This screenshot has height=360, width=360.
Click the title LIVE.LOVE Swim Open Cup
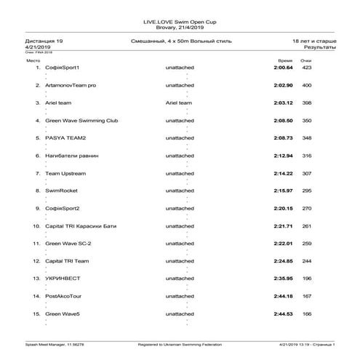coord(180,23)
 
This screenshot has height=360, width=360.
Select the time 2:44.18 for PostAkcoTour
coord(283,296)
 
